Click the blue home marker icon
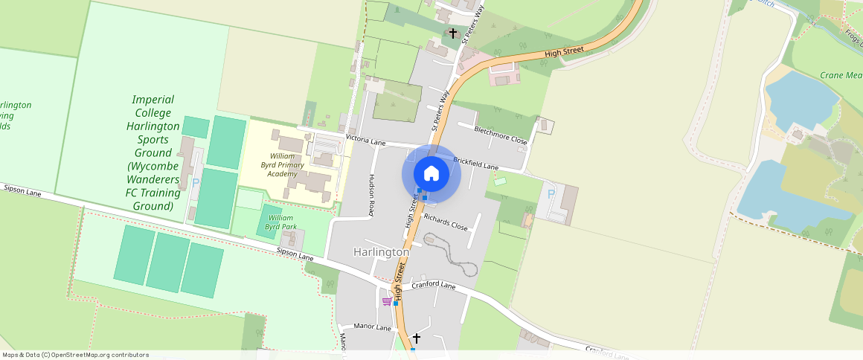tap(431, 174)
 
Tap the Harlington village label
tap(382, 252)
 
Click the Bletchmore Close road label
tap(501, 135)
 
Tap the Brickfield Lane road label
tap(475, 164)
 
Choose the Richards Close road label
tap(445, 222)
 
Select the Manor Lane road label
tap(373, 327)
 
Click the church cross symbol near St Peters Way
tap(453, 33)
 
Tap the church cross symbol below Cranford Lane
tap(416, 338)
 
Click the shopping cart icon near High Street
tap(386, 301)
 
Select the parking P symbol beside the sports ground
tap(196, 182)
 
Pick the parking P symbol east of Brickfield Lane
tap(551, 193)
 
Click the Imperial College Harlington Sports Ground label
tap(153, 152)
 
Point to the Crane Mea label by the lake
tap(840, 75)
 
